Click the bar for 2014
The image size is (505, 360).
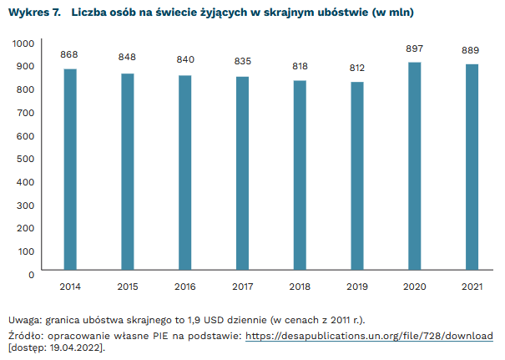(70, 170)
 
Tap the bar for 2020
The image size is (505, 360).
(414, 167)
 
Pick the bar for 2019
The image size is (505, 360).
(356, 176)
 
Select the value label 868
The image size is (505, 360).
(70, 55)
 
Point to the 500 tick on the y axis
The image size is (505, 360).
(26, 159)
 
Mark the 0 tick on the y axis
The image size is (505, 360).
(31, 274)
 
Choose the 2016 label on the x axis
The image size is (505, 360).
(184, 286)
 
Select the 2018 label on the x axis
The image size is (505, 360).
(299, 286)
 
